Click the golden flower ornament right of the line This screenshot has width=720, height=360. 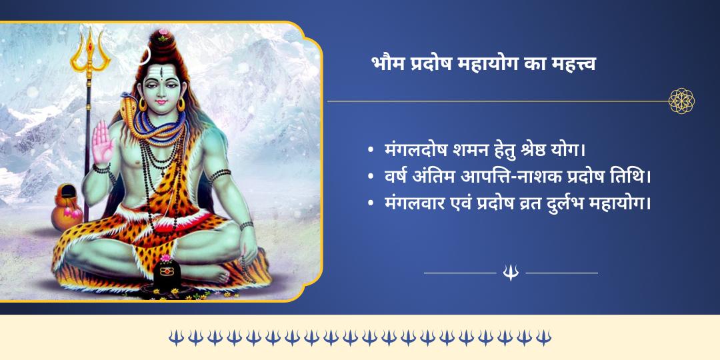tap(681, 101)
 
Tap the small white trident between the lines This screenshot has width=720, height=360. tap(511, 272)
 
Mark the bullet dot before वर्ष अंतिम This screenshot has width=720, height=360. tap(371, 177)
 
